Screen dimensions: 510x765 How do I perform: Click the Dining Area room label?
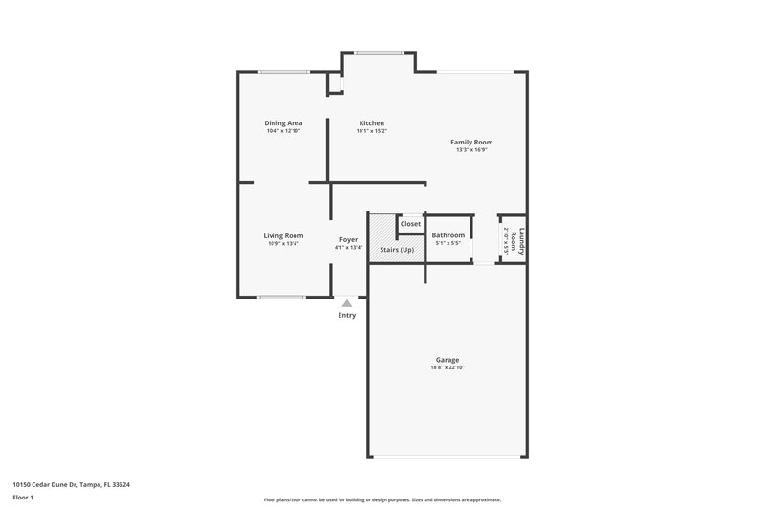[x=283, y=123]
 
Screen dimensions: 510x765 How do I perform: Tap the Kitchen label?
[x=371, y=123]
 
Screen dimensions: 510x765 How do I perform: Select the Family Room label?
[x=471, y=142]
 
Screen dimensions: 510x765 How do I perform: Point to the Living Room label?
[x=283, y=235]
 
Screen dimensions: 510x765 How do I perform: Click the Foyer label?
[x=348, y=240]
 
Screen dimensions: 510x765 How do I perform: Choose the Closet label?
[x=410, y=224]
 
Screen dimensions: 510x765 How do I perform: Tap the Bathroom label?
[x=448, y=235]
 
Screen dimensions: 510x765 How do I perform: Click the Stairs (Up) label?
[x=397, y=249]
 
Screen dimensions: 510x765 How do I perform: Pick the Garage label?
[x=448, y=360]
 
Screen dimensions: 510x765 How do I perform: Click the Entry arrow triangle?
[x=346, y=302]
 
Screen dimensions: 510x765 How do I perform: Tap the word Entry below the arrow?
[x=346, y=315]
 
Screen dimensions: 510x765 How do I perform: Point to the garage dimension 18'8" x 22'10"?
[x=448, y=367]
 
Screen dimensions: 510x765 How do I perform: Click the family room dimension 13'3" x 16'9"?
[x=471, y=149]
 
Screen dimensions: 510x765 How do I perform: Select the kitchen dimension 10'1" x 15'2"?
[x=371, y=131]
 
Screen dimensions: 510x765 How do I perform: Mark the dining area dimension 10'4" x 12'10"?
[x=283, y=131]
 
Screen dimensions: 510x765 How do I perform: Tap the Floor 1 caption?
[x=24, y=499]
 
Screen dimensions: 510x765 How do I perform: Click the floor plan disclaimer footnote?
[x=382, y=499]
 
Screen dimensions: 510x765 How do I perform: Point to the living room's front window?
[x=281, y=297]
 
